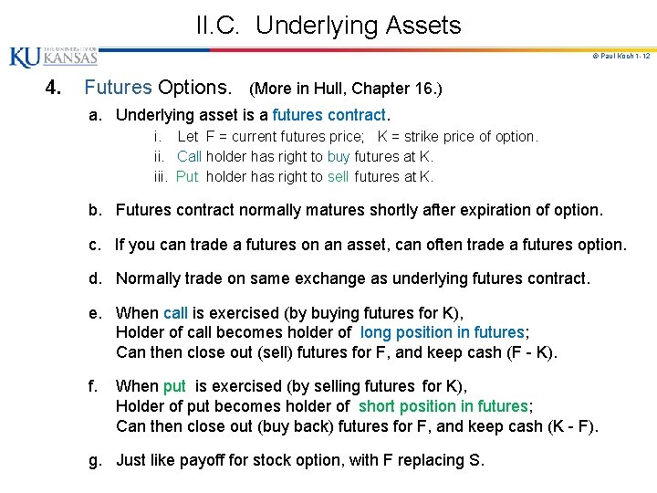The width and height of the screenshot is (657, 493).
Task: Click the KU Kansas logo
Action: click(x=53, y=57)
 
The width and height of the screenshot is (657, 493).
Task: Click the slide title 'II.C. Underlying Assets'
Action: click(x=328, y=25)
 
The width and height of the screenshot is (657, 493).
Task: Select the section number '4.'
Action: click(x=54, y=89)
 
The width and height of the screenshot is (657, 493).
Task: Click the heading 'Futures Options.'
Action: click(x=158, y=89)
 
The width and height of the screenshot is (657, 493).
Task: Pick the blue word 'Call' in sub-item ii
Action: click(x=189, y=156)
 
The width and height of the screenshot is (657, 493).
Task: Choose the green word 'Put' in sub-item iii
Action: click(x=187, y=176)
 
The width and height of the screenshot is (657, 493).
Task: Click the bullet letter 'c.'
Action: click(x=95, y=245)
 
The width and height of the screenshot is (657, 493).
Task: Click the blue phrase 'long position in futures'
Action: click(x=443, y=332)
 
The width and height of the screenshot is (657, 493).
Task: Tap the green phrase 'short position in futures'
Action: click(x=443, y=405)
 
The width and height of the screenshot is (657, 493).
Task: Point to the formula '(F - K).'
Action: click(x=530, y=352)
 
